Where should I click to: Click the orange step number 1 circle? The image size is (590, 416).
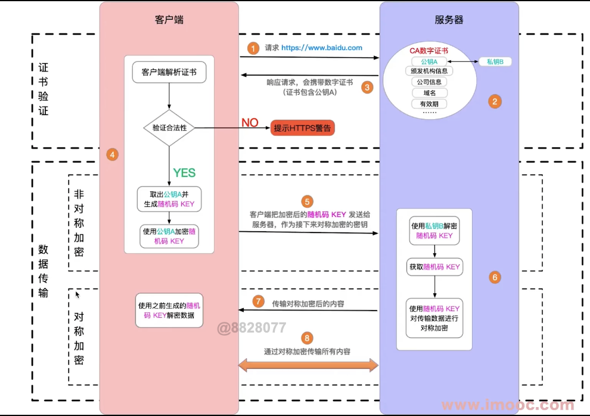coord(253,48)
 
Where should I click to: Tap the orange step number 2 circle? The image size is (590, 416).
coord(495,101)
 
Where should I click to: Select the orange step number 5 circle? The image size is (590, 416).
coord(307,201)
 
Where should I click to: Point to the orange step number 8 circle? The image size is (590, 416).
coord(307,338)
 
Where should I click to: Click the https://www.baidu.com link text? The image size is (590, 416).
coord(322,48)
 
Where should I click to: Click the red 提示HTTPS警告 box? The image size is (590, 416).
coord(303,128)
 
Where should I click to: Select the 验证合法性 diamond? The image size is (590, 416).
coord(169,128)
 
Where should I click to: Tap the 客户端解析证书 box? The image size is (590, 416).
coord(169,72)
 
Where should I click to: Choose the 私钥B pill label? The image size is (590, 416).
coord(495,62)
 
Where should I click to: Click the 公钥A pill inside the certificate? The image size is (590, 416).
coord(429,62)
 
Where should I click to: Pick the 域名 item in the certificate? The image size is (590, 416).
coord(429,93)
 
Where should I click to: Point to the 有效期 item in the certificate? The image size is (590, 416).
coord(429,104)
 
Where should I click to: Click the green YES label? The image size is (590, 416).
coord(184,173)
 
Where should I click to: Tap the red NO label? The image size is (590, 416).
coord(250,123)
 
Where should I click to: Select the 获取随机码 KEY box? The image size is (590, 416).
coord(434,267)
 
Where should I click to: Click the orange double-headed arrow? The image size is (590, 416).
coord(308,365)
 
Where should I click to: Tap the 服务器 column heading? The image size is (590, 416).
coord(449,20)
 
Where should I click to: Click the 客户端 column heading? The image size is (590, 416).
coord(169,20)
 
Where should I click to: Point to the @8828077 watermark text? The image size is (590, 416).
coord(251,328)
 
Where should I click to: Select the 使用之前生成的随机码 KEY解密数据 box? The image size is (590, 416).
coord(169,311)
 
